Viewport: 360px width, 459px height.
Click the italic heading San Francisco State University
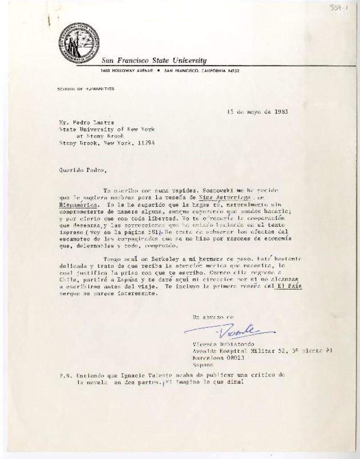click(154, 61)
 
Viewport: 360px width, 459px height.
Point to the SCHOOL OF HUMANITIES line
click(86, 89)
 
